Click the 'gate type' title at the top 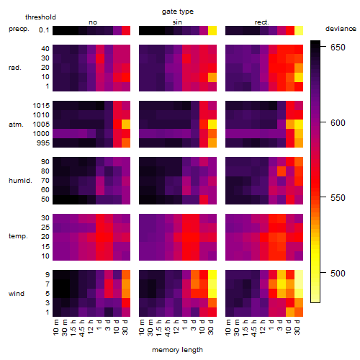178,12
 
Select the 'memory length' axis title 177,350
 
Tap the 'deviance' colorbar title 341,29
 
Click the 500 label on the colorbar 338,273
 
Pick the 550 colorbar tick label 338,198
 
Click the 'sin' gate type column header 177,22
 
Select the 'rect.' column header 262,22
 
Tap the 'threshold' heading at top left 40,17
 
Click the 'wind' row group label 17,294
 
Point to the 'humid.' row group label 20,181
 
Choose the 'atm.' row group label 16,125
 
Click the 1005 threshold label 41,125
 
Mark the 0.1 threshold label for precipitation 44,30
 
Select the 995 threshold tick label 43,143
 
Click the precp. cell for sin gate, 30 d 212,30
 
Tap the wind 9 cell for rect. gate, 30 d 299,275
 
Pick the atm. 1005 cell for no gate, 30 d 126,125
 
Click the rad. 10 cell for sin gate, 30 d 212,77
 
